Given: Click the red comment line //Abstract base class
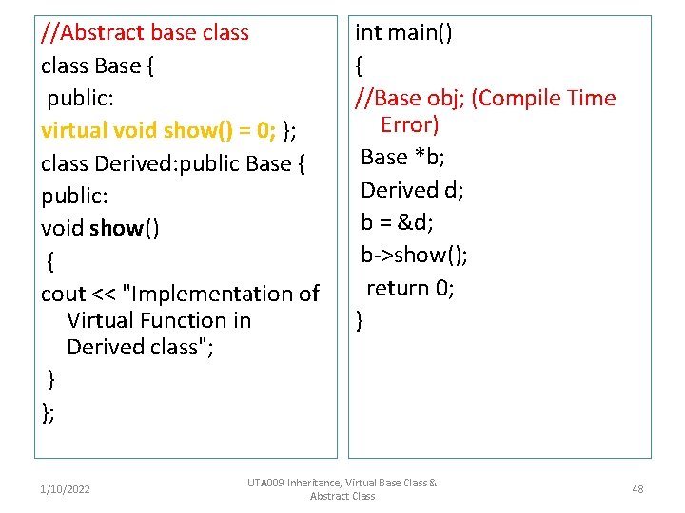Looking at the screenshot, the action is pyautogui.click(x=145, y=33).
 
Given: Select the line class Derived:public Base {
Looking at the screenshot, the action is pyautogui.click(x=172, y=163).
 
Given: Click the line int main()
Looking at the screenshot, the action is pyautogui.click(x=403, y=33).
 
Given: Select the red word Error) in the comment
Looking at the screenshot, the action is pyautogui.click(x=409, y=124).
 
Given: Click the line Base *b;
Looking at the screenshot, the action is pyautogui.click(x=403, y=157).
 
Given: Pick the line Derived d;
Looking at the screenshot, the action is pyautogui.click(x=412, y=190).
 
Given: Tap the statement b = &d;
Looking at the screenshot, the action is pyautogui.click(x=399, y=222).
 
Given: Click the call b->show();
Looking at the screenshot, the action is pyautogui.click(x=414, y=255).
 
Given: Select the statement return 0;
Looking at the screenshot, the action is pyautogui.click(x=410, y=288).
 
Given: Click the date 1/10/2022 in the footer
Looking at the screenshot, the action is pyautogui.click(x=66, y=489).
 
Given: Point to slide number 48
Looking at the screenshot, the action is pyautogui.click(x=637, y=489).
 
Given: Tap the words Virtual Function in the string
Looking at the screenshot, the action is pyautogui.click(x=159, y=321).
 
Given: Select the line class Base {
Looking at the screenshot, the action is pyautogui.click(x=98, y=66).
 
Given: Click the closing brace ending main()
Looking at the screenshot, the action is pyautogui.click(x=360, y=321).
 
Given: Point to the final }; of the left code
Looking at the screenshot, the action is pyautogui.click(x=48, y=411).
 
